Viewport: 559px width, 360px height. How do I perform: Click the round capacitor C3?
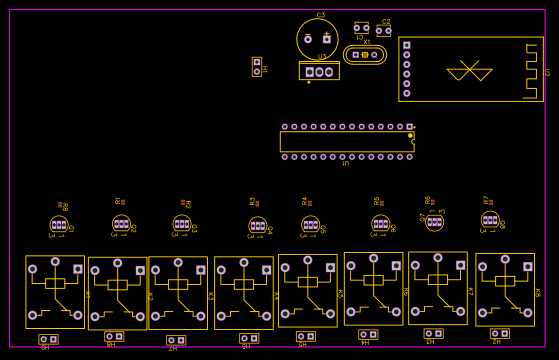(317, 39)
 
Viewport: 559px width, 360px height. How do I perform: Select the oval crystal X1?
(365, 55)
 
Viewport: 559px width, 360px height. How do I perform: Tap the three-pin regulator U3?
(319, 72)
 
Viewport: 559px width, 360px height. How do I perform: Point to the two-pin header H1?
(257, 67)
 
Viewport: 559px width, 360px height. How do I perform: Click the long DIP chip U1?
(346, 142)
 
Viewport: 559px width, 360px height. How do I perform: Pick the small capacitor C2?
(383, 31)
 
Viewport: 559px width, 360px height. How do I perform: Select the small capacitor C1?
(361, 28)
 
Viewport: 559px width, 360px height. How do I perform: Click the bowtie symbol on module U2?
(469, 72)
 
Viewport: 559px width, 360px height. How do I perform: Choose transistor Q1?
(59, 224)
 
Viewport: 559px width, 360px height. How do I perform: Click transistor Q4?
(257, 226)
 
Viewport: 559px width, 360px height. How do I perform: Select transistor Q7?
(434, 221)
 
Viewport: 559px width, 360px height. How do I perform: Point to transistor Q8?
(489, 219)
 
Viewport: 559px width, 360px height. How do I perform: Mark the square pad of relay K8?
(528, 267)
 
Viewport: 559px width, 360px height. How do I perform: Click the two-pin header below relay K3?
(176, 340)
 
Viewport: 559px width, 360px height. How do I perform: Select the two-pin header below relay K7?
(433, 333)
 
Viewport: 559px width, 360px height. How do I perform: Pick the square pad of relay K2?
(140, 271)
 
